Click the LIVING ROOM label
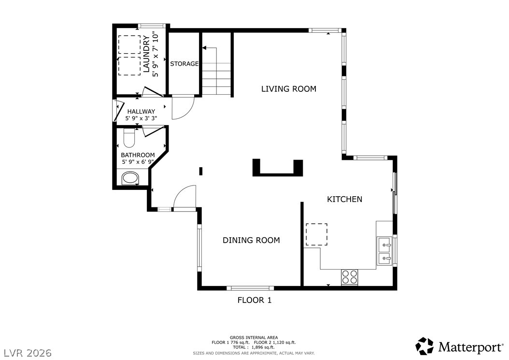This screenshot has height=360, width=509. coord(289,89)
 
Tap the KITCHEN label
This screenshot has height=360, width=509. coord(344,199)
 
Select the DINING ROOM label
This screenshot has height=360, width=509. coord(251,240)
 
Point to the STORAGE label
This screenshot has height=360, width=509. coord(184,64)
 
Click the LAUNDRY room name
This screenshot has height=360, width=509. coord(146,54)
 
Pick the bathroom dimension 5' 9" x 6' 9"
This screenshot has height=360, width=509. coord(138,162)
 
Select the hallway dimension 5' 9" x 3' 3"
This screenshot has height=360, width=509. coord(141,118)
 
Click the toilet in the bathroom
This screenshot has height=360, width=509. coord(129,138)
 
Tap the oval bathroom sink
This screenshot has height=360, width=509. coord(130,178)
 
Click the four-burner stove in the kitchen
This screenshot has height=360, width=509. coord(349,277)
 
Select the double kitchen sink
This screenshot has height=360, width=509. coord(385,250)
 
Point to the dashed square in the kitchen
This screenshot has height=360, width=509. coord(316,234)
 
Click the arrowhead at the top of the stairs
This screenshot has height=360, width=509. coord(204,48)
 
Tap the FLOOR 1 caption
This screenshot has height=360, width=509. coord(254,300)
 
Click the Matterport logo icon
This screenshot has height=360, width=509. coord(424,346)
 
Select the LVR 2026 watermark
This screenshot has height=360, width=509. coord(28,353)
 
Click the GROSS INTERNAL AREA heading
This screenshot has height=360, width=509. coord(254,338)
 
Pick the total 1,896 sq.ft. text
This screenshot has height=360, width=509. coord(254,347)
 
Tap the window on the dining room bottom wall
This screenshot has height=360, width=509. coord(250,288)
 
